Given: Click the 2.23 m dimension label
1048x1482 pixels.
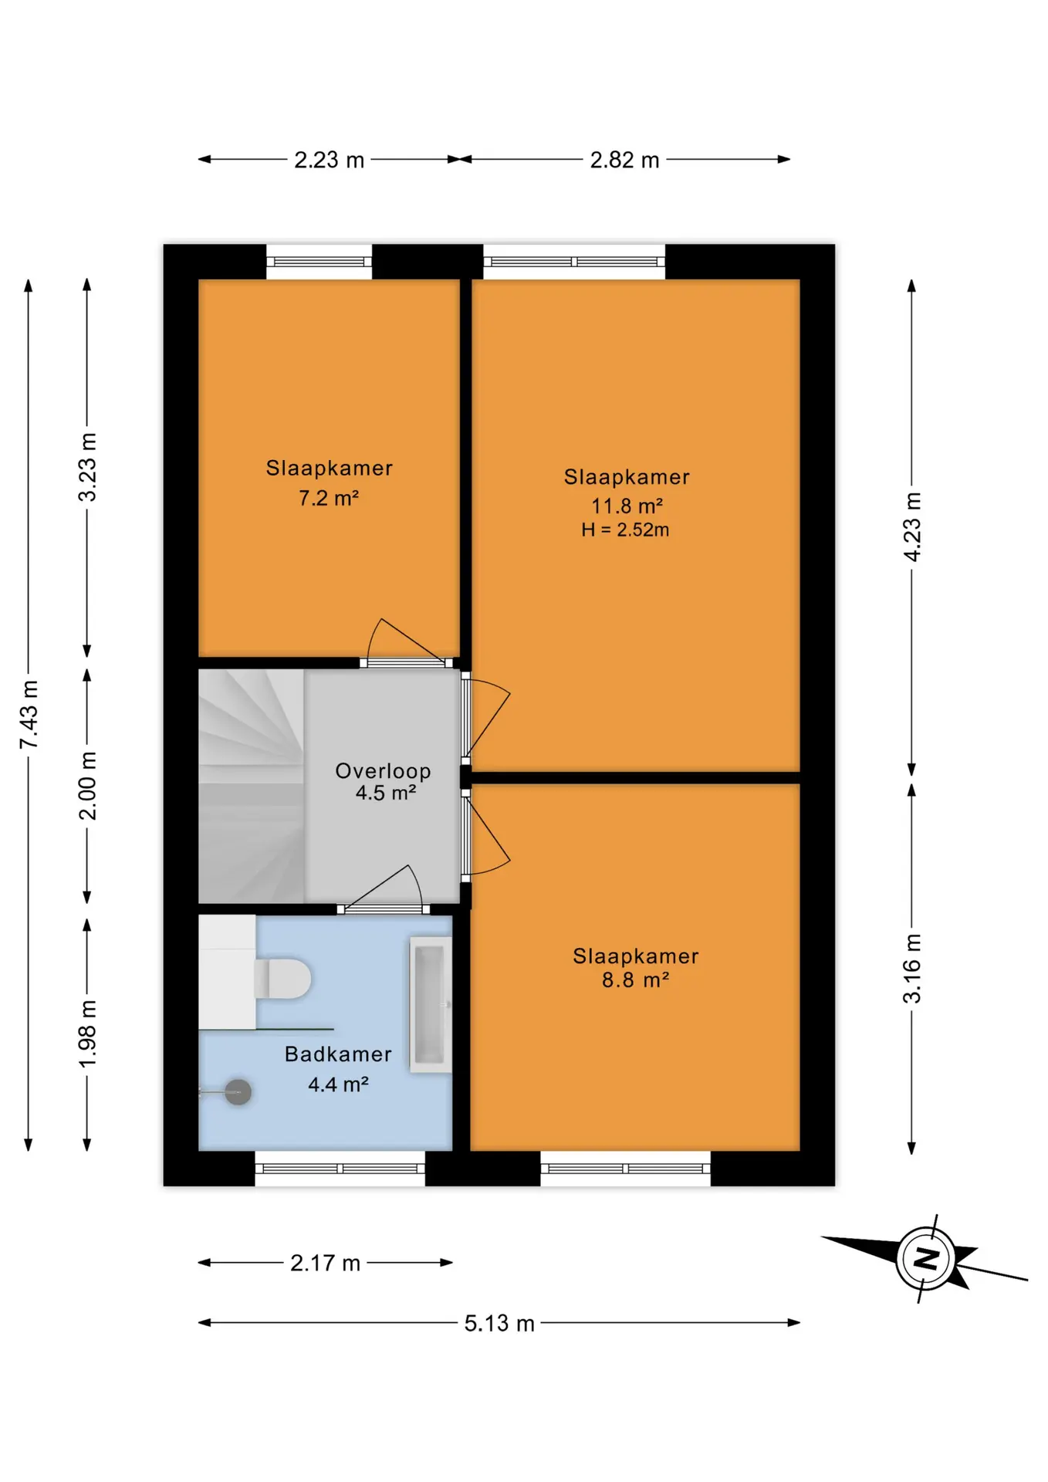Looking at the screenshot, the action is [329, 160].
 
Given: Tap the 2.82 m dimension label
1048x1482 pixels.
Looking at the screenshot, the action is [624, 160].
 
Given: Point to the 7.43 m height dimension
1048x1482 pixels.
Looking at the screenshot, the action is [29, 714].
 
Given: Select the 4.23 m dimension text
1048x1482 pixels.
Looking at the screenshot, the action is [912, 526].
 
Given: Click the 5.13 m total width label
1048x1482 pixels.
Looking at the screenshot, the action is [499, 1323].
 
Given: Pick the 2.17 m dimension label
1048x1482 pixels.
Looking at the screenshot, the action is [325, 1263].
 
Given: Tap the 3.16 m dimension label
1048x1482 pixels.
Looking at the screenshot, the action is [912, 968].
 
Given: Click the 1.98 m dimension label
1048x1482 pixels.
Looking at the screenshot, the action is [87, 1034].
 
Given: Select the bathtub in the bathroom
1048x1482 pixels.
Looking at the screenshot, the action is [431, 1004].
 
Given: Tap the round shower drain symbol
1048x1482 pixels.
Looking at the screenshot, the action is [238, 1091].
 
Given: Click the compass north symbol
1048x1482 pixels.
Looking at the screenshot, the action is [926, 1258].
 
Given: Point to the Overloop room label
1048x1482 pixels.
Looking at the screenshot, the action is [383, 771].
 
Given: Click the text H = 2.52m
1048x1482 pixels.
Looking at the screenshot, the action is [625, 530].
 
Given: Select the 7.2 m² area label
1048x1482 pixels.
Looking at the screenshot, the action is [329, 498].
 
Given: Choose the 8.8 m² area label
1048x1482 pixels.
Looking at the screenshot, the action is [635, 980].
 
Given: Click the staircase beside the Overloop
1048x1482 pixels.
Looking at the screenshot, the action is [251, 785].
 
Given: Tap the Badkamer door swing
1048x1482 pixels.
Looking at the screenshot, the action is [384, 888].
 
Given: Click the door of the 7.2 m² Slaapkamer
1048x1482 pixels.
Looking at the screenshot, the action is [407, 642].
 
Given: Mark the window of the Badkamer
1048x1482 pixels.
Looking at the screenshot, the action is [340, 1169].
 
